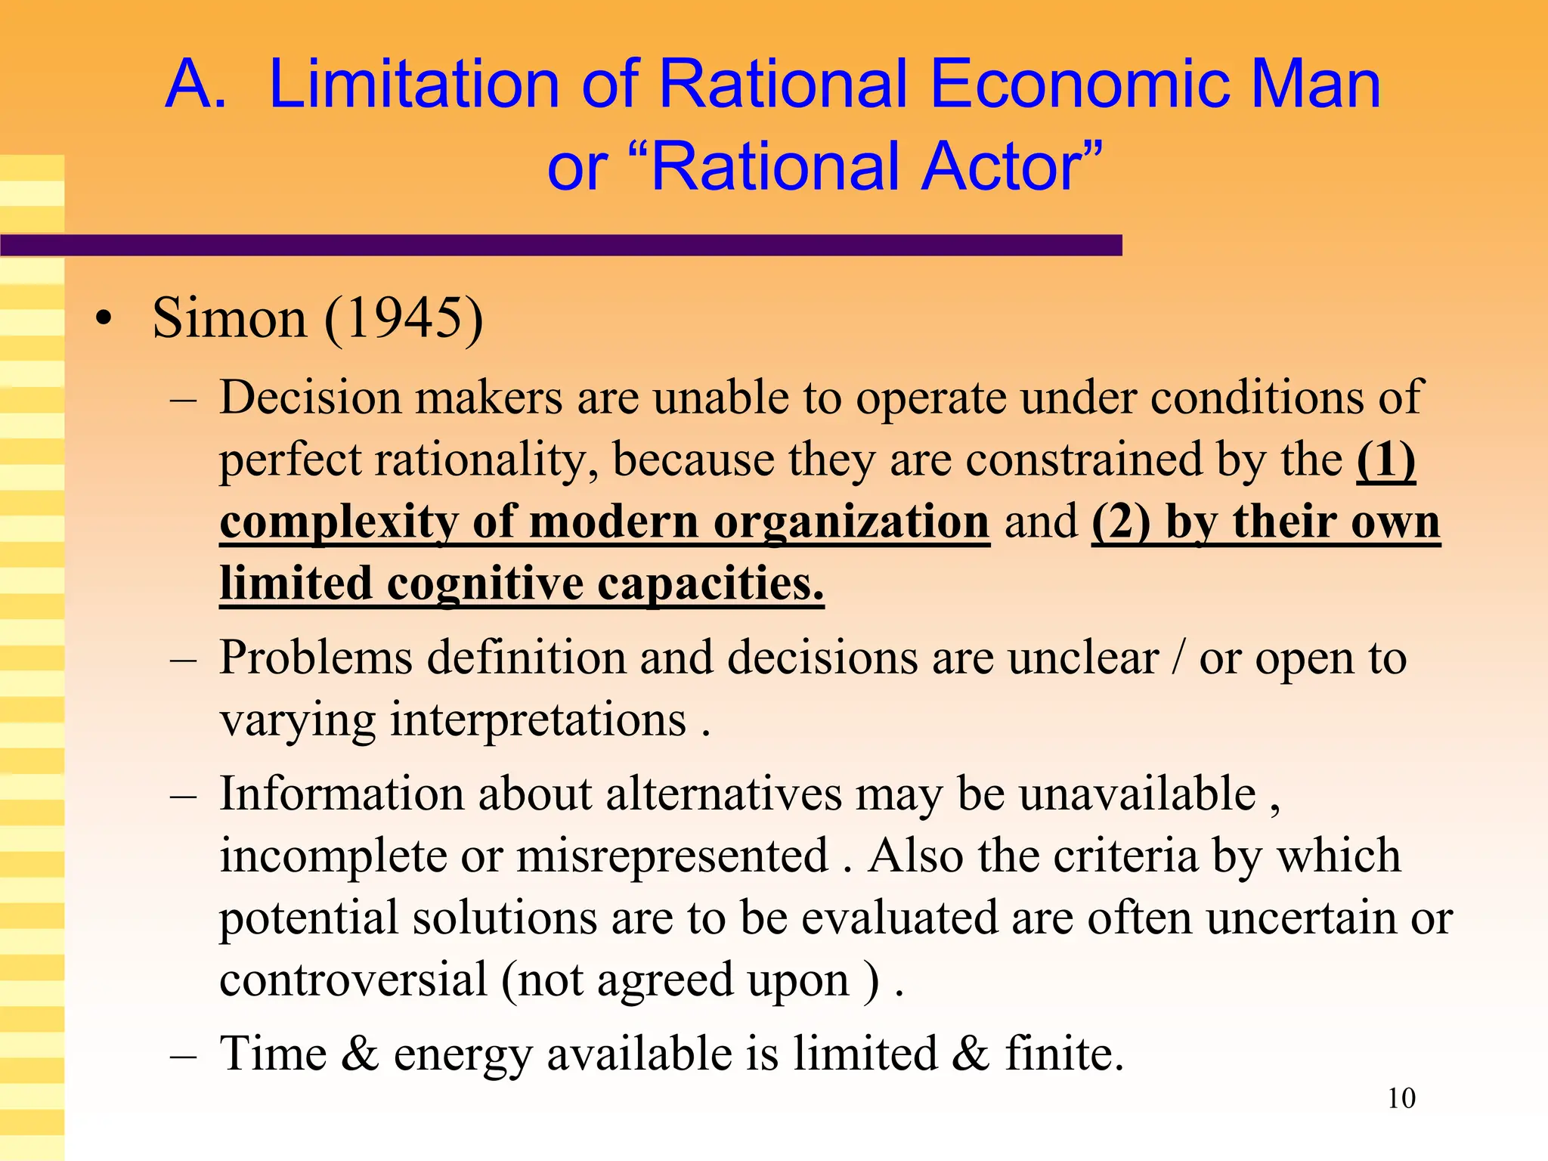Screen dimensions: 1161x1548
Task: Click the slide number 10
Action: pos(1401,1098)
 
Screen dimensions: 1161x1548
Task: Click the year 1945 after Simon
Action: pos(404,317)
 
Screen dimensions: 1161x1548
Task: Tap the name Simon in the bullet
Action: pos(229,317)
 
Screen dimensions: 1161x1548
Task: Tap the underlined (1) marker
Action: pos(1385,460)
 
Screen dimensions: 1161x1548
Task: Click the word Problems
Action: pos(316,658)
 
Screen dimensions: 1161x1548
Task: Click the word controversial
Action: pos(354,980)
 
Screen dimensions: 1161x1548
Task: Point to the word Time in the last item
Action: pos(273,1053)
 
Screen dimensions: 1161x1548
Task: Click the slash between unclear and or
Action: pos(1178,658)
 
